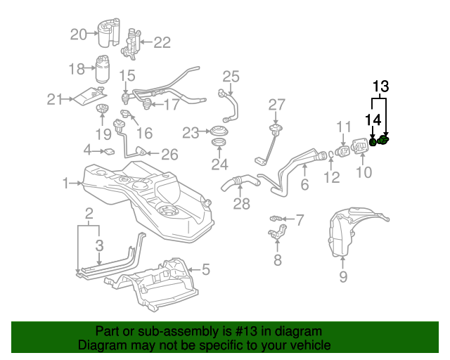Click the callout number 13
(380, 87)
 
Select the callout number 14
(373, 120)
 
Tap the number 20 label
(78, 34)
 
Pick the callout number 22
(162, 43)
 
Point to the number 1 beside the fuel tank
(65, 184)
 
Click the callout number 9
(343, 277)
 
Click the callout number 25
(231, 77)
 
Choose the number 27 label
(277, 105)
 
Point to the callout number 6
(304, 185)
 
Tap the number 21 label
(55, 100)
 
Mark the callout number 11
(343, 127)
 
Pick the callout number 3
(100, 245)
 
